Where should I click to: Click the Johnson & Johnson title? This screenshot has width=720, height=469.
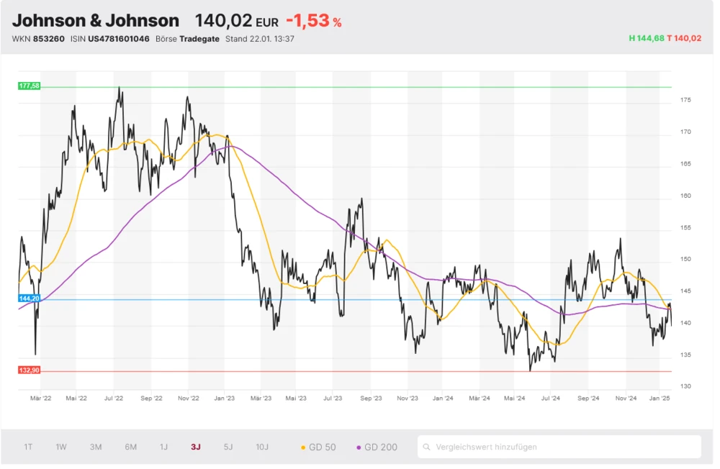pos(96,20)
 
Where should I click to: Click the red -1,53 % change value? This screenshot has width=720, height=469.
pos(313,21)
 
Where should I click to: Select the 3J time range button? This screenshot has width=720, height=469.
pos(196,447)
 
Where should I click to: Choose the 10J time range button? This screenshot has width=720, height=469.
pos(262,447)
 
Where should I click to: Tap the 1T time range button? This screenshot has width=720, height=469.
pos(28,447)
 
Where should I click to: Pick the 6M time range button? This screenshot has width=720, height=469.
pos(130,447)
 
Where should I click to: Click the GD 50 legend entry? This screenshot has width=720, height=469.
pos(318,447)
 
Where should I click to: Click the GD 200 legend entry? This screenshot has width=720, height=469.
pos(377,447)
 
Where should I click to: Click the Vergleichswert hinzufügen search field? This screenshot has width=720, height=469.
pos(559,447)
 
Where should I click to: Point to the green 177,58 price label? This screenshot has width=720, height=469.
pos(30,86)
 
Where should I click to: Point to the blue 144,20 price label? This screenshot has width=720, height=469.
pos(30,298)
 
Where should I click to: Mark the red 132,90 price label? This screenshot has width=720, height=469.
pos(30,370)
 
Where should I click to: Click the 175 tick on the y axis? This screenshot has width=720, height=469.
pos(685,100)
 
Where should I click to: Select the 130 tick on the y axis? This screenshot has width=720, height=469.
pos(685,386)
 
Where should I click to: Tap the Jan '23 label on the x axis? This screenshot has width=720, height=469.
pos(224,397)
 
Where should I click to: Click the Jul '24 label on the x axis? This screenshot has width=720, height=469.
pos(551,397)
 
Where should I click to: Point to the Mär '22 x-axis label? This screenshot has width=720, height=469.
pos(40,397)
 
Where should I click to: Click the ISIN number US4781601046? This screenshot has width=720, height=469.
pos(119,38)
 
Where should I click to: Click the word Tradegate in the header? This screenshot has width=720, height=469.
pos(200,38)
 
